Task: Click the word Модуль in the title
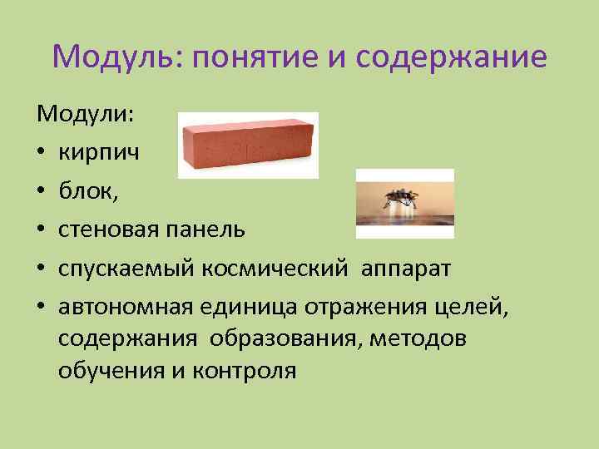(x=116, y=57)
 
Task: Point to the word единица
(x=241, y=307)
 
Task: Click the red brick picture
(x=248, y=145)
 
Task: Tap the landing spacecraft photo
(x=404, y=198)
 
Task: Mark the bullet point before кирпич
(x=41, y=153)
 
